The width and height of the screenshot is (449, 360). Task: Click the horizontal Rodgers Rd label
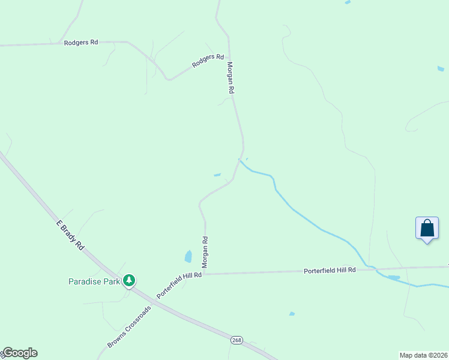coord(81,43)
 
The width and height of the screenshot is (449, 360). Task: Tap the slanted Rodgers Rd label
coord(208,61)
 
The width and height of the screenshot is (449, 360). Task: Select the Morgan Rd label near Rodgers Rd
coord(230,77)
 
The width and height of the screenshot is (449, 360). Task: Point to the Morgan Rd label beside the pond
coord(205,251)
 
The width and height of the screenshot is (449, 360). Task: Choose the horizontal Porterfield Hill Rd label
coord(330,271)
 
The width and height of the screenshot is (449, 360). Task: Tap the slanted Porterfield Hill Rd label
coord(179,284)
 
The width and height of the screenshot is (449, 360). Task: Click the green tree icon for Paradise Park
coord(128,280)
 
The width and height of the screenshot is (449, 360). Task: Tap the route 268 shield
coord(237,340)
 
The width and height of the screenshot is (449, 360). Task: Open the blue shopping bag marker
coord(427,229)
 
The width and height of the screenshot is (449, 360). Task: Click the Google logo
coord(19,353)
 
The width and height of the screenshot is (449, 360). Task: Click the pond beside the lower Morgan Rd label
coord(188,257)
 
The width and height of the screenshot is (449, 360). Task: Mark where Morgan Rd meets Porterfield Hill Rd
coord(205,274)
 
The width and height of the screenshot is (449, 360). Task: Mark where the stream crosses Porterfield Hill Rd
coord(372,268)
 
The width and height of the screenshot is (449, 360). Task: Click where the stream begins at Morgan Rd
coord(240,160)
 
